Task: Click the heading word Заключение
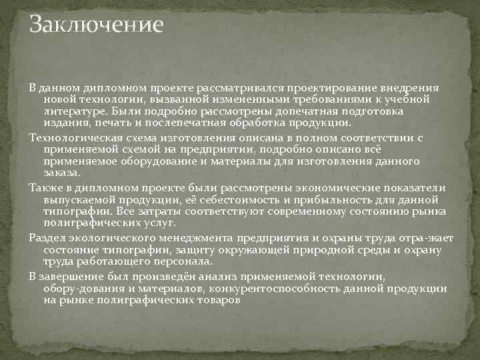(96, 25)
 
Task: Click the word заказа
(61, 173)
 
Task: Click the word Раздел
(45, 238)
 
